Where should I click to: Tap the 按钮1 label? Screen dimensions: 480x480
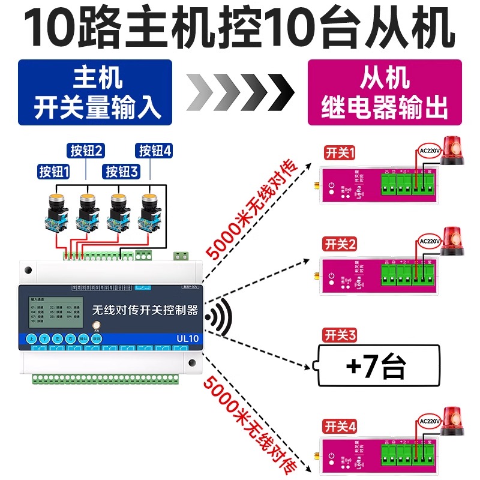(53, 172)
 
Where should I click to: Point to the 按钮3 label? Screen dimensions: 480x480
(122, 172)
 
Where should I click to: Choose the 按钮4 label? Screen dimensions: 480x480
(155, 150)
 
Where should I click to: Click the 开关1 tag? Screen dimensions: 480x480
(340, 153)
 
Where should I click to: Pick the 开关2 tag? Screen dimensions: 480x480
(340, 244)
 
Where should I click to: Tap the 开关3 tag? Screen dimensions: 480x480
(340, 334)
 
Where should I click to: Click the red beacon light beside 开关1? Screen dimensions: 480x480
(454, 151)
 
